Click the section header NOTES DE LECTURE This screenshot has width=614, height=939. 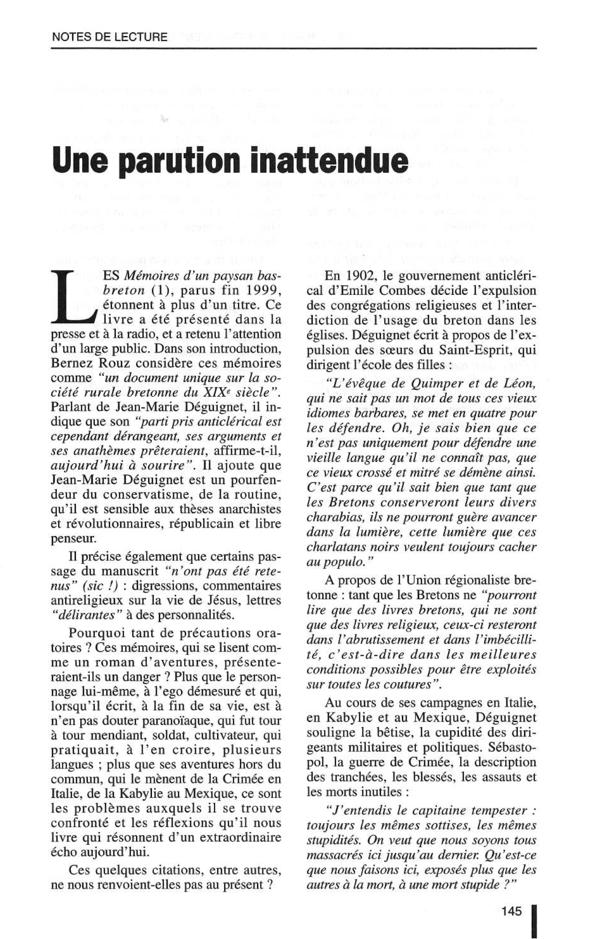(109, 38)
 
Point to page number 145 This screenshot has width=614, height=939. (511, 900)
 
